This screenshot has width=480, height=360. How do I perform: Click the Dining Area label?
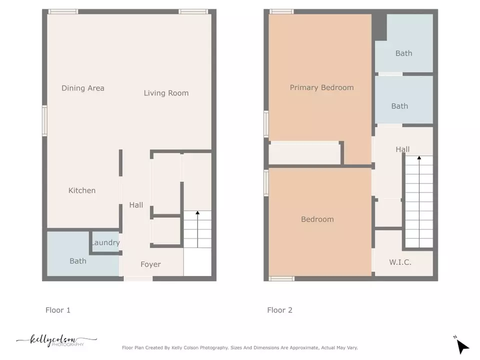(83, 88)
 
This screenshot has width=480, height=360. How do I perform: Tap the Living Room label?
(166, 93)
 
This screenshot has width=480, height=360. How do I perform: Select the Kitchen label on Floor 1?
(82, 190)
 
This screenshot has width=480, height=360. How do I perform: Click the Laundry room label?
(105, 243)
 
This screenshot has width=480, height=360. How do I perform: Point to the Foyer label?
(150, 264)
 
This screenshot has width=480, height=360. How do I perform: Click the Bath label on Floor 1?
(78, 261)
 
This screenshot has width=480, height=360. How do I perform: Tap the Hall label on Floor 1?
(136, 204)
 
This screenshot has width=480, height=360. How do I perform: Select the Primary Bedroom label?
(321, 87)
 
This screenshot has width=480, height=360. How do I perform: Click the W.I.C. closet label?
(400, 262)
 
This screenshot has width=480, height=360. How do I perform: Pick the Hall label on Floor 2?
(402, 149)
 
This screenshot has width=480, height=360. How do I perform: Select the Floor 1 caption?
(58, 310)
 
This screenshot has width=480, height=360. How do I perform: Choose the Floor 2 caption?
(279, 310)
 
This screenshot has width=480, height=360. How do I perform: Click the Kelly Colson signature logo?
(56, 341)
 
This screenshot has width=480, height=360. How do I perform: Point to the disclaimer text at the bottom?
(239, 347)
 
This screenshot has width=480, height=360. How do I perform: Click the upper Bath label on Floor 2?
(403, 53)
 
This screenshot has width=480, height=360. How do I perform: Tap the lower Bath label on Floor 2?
(399, 106)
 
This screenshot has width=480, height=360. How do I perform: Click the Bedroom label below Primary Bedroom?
(317, 219)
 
